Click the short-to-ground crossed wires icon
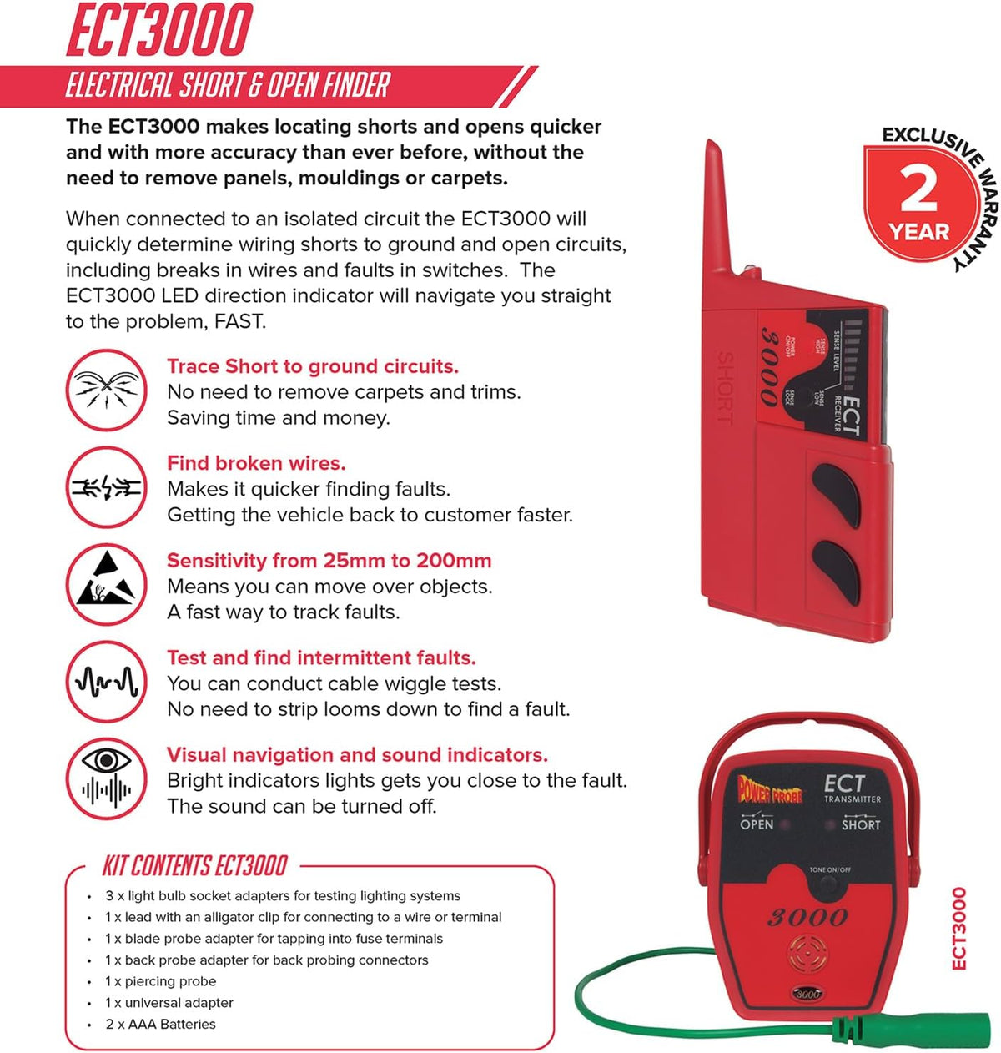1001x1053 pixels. [x=106, y=390]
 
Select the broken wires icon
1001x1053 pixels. [x=106, y=488]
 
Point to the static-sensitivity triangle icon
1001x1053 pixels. [x=106, y=586]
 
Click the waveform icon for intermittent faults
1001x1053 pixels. [x=106, y=683]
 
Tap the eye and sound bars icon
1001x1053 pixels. [x=106, y=780]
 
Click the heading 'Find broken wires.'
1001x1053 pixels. [x=256, y=463]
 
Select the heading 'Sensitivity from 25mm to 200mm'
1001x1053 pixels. [x=329, y=561]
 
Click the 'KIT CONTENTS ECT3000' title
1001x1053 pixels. [x=194, y=866]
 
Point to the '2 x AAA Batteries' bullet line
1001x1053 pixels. [x=160, y=1024]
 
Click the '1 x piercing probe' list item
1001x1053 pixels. [x=160, y=981]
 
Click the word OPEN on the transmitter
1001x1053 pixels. [x=757, y=824]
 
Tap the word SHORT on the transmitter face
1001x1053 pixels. [x=860, y=824]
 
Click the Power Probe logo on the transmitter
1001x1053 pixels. [x=769, y=789]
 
